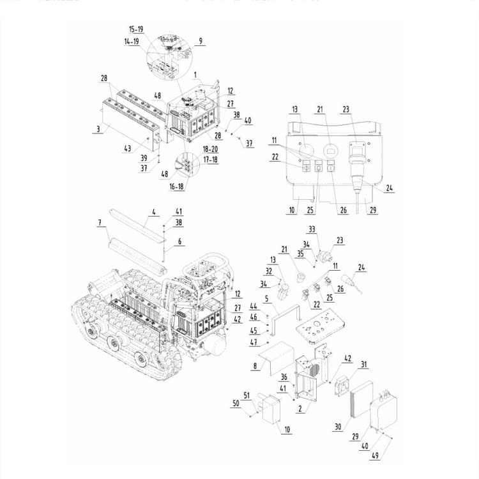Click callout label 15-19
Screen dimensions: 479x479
pyautogui.click(x=136, y=29)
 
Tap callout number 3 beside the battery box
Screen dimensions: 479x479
pyautogui.click(x=98, y=128)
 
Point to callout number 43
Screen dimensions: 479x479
pyautogui.click(x=128, y=149)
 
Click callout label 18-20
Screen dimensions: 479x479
pyautogui.click(x=210, y=148)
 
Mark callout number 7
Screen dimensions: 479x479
pyautogui.click(x=99, y=223)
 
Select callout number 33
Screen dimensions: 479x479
pyautogui.click(x=312, y=229)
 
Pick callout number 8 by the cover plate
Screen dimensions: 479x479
pyautogui.click(x=255, y=366)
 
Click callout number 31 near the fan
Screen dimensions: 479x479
pyautogui.click(x=365, y=365)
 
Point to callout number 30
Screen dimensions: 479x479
pyautogui.click(x=338, y=427)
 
